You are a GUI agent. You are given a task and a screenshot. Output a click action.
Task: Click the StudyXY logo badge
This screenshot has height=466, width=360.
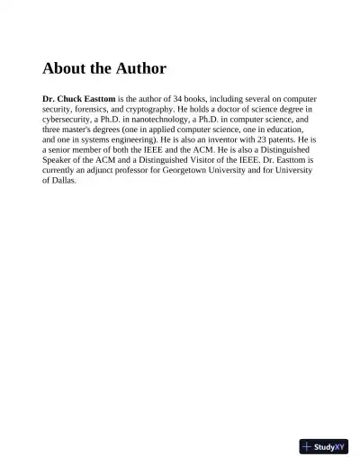(323, 445)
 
